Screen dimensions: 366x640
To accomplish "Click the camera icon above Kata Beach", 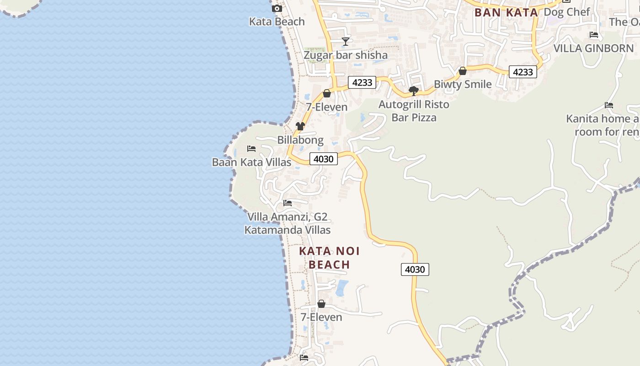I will [x=277, y=8].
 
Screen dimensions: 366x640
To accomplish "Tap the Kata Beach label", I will [x=277, y=22].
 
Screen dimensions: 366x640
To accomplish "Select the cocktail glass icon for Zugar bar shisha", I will [x=346, y=42].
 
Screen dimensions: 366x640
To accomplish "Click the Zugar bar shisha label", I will [x=346, y=55].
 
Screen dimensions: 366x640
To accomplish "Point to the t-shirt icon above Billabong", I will [x=300, y=126].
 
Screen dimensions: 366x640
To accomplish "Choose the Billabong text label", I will [x=300, y=140].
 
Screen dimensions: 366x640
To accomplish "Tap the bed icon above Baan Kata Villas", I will [x=251, y=149].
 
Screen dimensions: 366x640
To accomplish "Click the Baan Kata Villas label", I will [x=251, y=162].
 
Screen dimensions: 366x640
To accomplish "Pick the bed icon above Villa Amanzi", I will [x=287, y=203].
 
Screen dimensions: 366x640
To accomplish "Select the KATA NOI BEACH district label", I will [x=329, y=258].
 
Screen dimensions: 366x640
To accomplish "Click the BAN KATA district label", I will [x=506, y=12].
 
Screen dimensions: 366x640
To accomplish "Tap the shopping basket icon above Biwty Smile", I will [x=463, y=71].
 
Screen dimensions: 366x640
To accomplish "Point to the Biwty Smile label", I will [x=463, y=84].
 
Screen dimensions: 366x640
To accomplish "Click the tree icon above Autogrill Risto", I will [x=414, y=91].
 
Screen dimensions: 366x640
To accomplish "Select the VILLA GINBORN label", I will [x=593, y=48].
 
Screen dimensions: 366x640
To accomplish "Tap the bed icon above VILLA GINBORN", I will [x=594, y=35].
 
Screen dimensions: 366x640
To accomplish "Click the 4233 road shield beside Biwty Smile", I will [x=523, y=72].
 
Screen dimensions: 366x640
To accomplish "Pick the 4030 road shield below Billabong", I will [x=324, y=159].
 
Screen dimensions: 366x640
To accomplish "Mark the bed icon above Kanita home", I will [x=608, y=105].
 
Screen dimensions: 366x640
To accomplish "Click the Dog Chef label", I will [x=567, y=12].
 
